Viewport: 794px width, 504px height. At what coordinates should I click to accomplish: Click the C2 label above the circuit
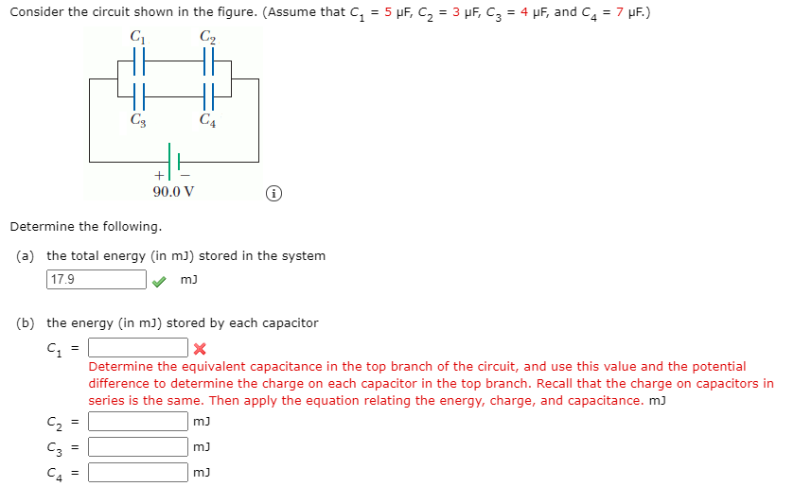coord(207,37)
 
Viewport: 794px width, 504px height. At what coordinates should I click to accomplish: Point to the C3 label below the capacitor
coord(137,120)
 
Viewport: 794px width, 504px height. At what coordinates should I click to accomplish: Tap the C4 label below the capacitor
coord(207,120)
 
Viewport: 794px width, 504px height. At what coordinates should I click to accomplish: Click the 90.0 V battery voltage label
coord(173,191)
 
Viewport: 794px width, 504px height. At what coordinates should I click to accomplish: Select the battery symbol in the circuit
coord(173,157)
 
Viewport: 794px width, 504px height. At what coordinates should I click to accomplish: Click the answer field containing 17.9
coord(96,280)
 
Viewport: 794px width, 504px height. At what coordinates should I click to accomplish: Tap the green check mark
coord(162,280)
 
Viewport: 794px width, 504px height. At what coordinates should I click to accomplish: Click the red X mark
coord(199,349)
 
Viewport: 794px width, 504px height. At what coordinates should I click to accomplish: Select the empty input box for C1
coord(138,348)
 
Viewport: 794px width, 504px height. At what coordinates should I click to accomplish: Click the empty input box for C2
coord(138,421)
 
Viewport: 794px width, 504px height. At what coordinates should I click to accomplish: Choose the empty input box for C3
coord(138,446)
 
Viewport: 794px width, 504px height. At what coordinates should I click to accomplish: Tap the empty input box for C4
coord(138,472)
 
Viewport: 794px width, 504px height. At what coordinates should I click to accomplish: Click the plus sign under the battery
coord(158,175)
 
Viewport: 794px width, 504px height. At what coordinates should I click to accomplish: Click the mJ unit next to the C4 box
coord(201,472)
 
